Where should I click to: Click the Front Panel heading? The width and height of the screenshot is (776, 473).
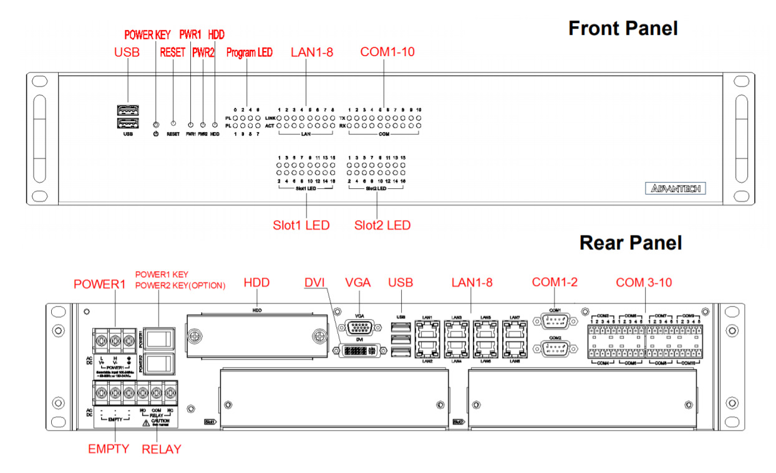(x=623, y=28)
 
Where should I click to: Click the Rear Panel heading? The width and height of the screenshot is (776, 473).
(x=630, y=242)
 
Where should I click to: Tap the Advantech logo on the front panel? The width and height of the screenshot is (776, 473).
(x=675, y=188)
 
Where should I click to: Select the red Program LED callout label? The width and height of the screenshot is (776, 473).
(x=249, y=53)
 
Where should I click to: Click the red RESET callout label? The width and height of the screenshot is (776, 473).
(x=173, y=53)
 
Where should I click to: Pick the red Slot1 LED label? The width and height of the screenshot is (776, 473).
(x=301, y=225)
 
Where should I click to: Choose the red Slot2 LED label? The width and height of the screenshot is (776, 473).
(x=382, y=225)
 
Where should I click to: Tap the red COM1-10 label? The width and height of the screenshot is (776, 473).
(x=387, y=52)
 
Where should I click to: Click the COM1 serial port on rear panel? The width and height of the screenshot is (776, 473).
(x=555, y=322)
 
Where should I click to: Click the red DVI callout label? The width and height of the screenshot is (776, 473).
(x=315, y=282)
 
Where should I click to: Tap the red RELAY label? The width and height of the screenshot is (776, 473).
(x=161, y=449)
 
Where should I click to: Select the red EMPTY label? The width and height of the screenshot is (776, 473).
(x=109, y=449)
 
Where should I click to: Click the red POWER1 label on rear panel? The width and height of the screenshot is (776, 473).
(x=99, y=284)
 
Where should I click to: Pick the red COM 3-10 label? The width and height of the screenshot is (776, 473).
(x=644, y=282)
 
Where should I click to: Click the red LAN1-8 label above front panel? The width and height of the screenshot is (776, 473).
(x=312, y=52)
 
